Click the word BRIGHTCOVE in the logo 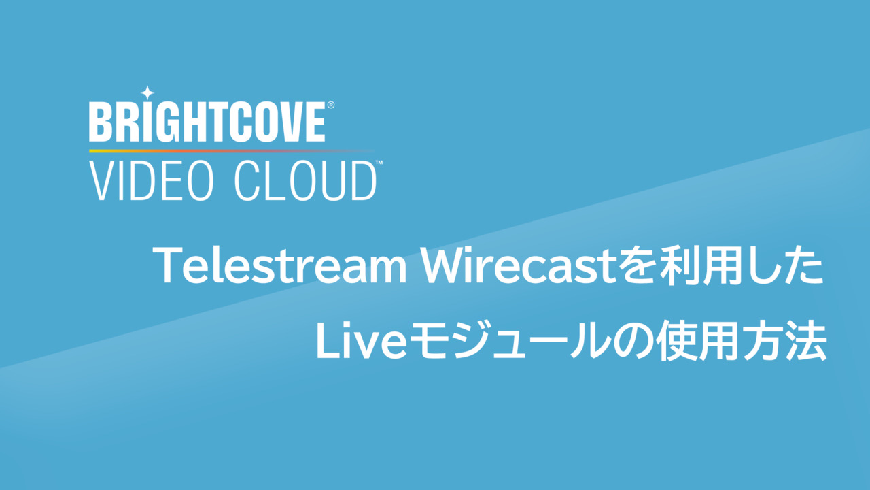pos(207,122)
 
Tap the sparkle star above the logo pos(147,93)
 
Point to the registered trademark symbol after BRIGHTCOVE pos(331,105)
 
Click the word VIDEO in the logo pos(152,181)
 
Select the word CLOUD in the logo pos(306,181)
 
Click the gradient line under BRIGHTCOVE pos(232,151)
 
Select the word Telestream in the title pos(279,266)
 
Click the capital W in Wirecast pos(445,265)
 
